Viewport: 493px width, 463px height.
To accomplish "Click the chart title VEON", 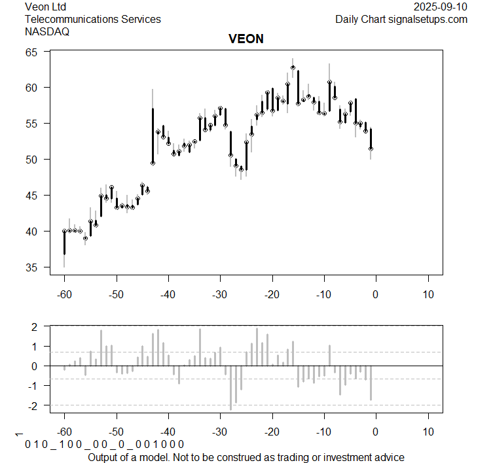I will [x=246, y=39].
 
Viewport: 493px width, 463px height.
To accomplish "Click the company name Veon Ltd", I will [x=47, y=7].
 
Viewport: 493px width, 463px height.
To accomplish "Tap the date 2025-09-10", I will [x=441, y=7].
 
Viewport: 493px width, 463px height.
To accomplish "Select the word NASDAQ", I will [x=47, y=31].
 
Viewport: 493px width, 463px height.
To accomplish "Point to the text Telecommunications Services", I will [x=92, y=19].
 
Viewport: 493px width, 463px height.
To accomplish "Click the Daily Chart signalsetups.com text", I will [x=401, y=19].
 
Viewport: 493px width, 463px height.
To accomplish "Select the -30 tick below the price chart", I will [x=220, y=294].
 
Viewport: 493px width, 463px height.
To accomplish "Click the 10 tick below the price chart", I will [x=428, y=294].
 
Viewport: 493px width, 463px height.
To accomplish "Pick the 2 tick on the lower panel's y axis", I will [x=39, y=326].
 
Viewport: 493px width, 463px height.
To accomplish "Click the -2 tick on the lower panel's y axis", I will [x=37, y=406].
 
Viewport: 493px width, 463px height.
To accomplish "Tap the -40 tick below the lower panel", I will [x=168, y=432].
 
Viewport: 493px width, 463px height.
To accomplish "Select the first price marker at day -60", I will [x=64, y=231].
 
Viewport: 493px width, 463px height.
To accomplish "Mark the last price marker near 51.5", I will [x=371, y=148].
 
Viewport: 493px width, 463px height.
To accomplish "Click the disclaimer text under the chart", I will [x=246, y=456].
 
